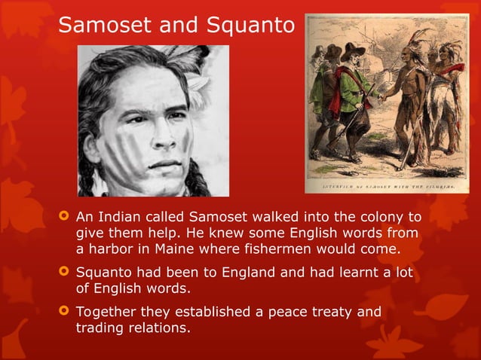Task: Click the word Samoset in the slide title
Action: pos(100,26)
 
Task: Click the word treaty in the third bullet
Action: pos(326,311)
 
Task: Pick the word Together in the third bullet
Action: pos(106,311)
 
